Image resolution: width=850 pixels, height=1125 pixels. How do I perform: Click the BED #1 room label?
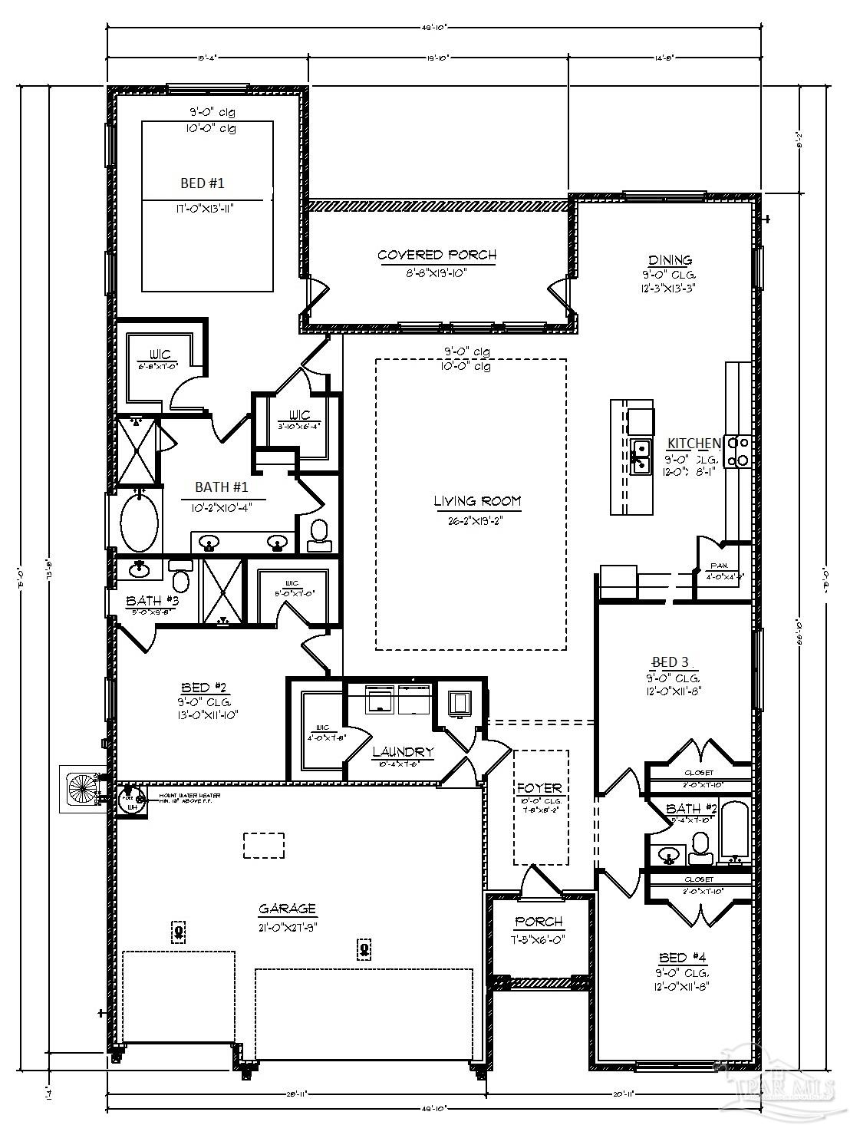click(203, 183)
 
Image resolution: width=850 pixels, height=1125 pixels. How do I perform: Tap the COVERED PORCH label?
click(437, 255)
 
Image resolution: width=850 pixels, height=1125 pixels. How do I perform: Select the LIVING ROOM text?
click(477, 502)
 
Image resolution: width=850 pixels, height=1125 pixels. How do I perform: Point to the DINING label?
click(670, 260)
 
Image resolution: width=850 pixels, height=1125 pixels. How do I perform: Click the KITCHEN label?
click(693, 444)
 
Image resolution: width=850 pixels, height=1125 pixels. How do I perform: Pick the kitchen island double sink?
click(641, 456)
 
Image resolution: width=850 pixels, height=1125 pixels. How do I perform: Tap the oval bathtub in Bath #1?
click(140, 523)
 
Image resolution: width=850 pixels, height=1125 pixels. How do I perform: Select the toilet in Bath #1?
click(318, 534)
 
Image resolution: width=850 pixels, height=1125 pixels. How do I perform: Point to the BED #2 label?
click(203, 687)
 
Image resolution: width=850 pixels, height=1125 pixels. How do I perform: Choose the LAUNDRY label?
click(403, 752)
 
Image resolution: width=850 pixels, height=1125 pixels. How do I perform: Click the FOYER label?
click(539, 787)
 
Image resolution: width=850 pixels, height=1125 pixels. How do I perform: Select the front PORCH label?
click(539, 922)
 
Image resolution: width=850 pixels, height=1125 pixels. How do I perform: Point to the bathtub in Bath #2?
click(734, 833)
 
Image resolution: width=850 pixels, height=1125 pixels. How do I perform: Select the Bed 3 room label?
click(664, 661)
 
